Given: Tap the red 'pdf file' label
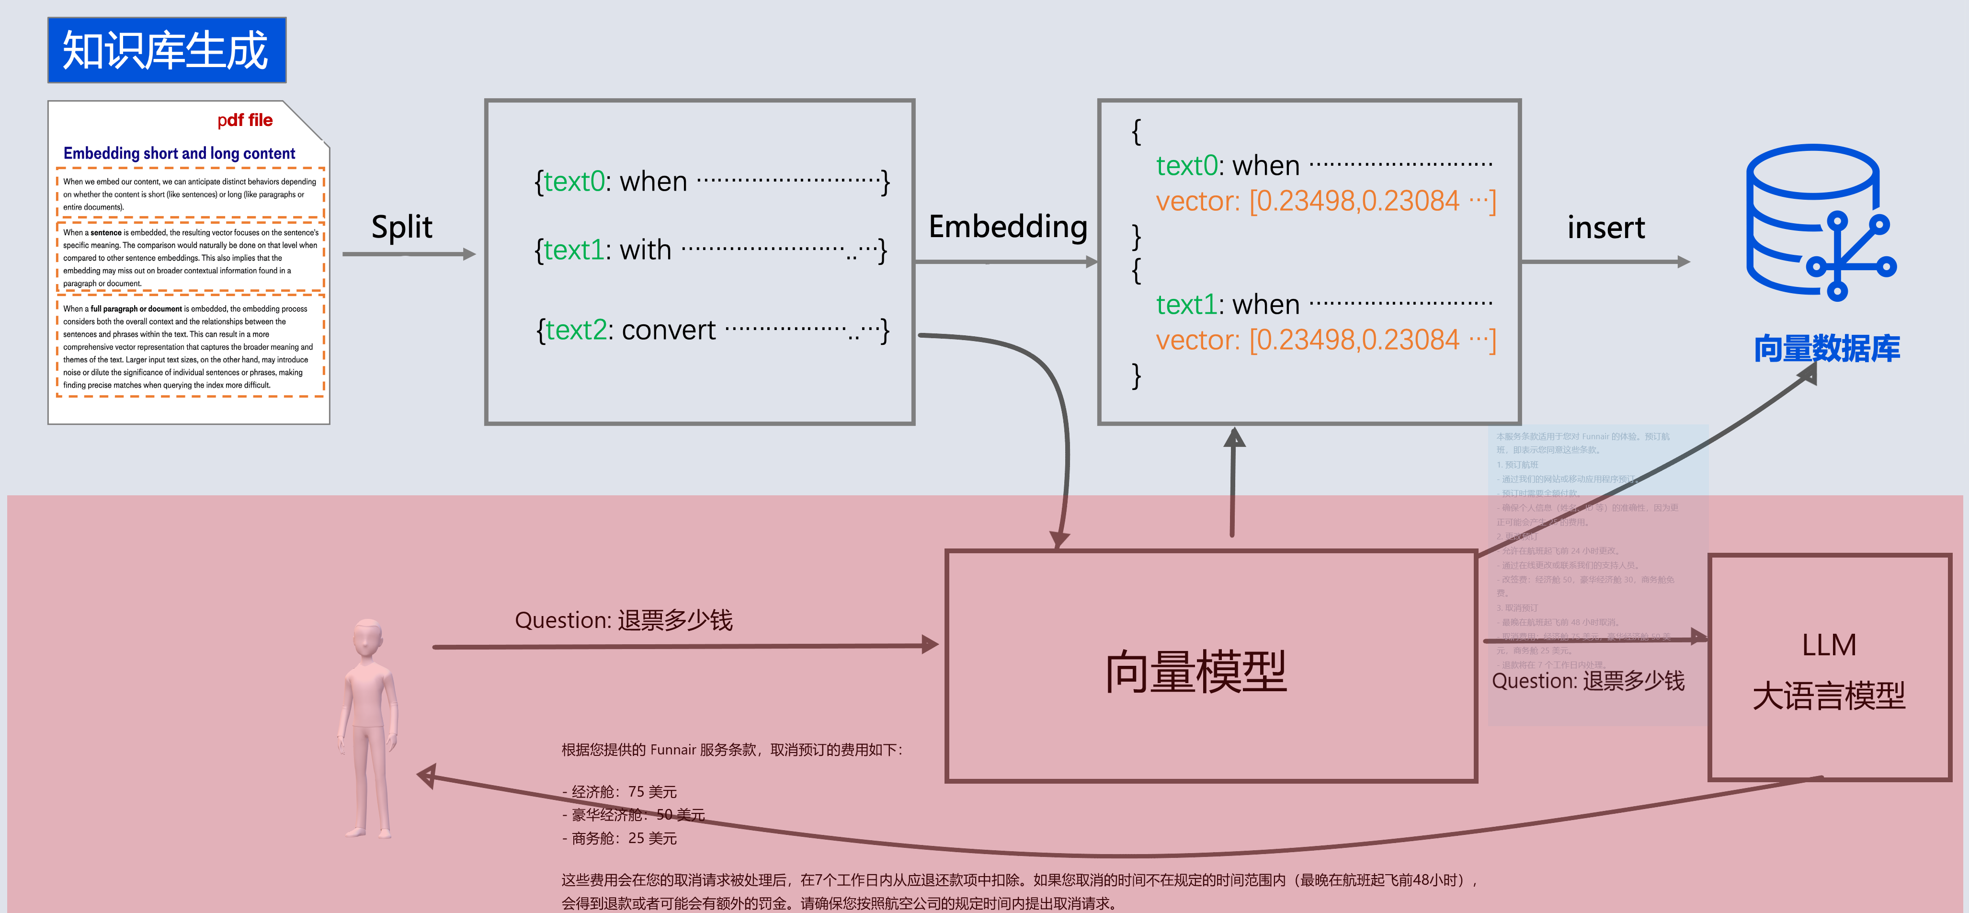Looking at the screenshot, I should (x=245, y=120).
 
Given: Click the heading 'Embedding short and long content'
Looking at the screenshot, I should (x=179, y=153).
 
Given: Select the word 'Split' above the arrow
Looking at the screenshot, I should (x=401, y=227).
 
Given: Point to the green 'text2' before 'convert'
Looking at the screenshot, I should (x=576, y=331).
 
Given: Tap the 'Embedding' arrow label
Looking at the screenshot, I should (x=1007, y=227).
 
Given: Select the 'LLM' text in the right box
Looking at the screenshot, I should (x=1828, y=645).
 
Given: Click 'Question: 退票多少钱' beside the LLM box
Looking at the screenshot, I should (x=1588, y=681).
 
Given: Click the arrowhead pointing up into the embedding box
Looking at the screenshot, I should (x=1234, y=437).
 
